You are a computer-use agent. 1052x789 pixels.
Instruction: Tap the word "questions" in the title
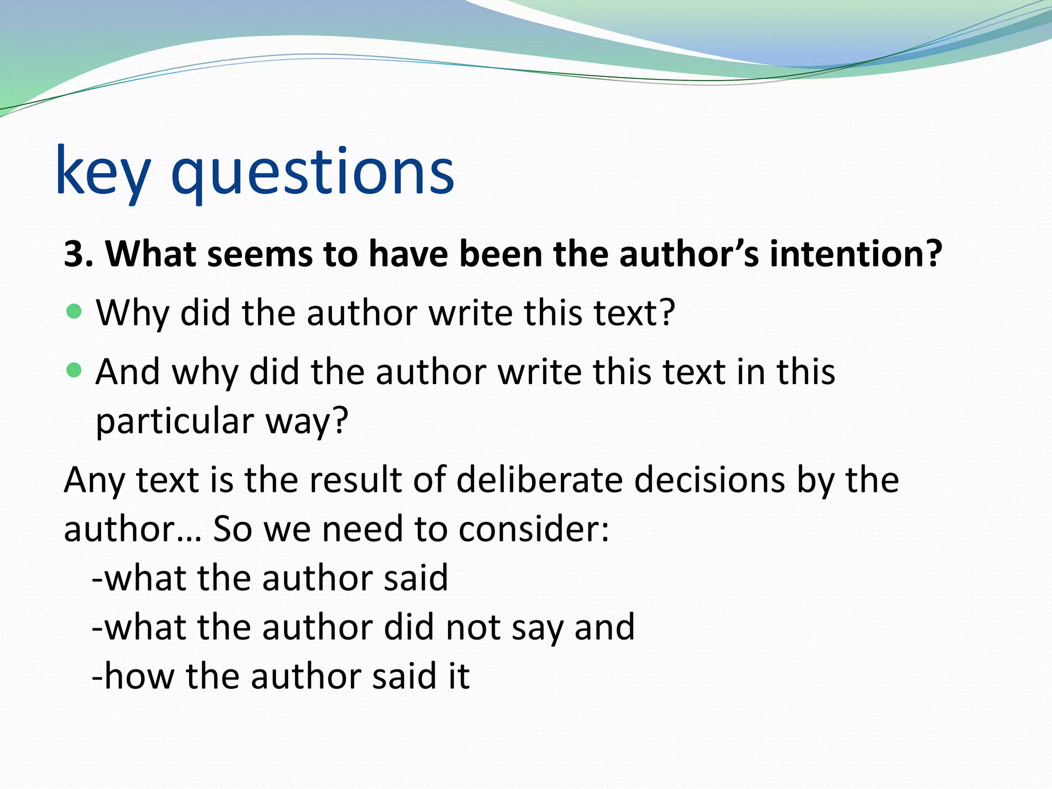coord(312,171)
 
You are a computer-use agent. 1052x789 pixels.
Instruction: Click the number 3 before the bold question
coord(74,254)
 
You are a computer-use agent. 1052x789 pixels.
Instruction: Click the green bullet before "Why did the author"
coord(74,311)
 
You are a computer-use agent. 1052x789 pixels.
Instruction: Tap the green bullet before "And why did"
coord(74,370)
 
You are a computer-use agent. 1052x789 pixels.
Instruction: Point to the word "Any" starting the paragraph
coord(94,481)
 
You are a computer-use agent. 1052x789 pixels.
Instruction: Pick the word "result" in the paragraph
coord(356,480)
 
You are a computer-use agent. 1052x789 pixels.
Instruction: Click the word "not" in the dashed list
coord(473,627)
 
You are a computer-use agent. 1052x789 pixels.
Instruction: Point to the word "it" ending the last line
coord(459,676)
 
